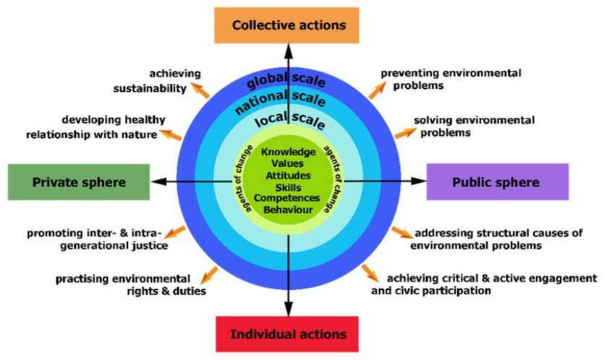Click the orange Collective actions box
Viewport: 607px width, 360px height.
pyautogui.click(x=289, y=25)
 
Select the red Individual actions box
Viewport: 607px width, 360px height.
pyautogui.click(x=289, y=334)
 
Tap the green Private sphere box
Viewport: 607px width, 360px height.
pyautogui.click(x=78, y=182)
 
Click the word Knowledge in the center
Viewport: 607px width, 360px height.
pyautogui.click(x=289, y=152)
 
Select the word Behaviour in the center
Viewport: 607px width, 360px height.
pyautogui.click(x=288, y=210)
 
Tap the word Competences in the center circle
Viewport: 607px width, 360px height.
pyautogui.click(x=288, y=198)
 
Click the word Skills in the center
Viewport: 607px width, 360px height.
pyautogui.click(x=288, y=187)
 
